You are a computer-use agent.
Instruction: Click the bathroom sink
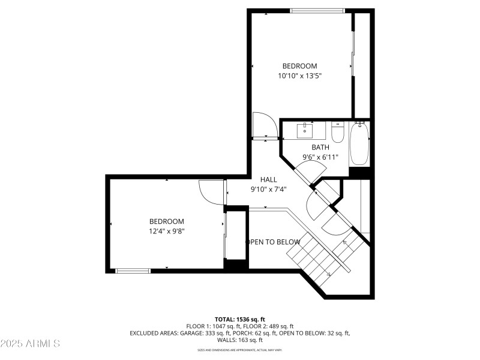click(306, 129)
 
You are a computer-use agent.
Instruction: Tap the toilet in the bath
click(337, 133)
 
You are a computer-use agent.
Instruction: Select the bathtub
click(360, 143)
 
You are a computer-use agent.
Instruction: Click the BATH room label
click(320, 147)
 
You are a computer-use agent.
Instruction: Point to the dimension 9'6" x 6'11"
click(320, 157)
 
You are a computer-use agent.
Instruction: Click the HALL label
click(268, 179)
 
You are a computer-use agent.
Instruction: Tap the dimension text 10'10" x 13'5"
click(299, 76)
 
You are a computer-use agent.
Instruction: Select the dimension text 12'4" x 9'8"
click(167, 231)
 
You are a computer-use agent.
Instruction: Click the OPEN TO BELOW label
click(273, 242)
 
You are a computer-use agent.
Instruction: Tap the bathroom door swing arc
click(306, 174)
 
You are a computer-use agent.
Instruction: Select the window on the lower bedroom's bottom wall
click(133, 271)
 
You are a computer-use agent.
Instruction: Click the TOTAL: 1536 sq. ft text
click(239, 319)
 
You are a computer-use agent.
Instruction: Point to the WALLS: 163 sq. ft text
click(240, 340)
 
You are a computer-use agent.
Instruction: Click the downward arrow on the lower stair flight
click(328, 274)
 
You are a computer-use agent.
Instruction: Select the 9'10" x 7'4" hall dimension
click(268, 189)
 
